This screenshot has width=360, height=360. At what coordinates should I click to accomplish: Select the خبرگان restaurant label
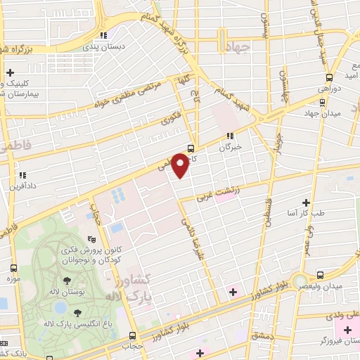click(x=230, y=146)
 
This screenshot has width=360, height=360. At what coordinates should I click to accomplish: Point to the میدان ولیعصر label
click(x=328, y=286)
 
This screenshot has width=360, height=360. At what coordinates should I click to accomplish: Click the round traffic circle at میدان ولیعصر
click(x=302, y=280)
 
